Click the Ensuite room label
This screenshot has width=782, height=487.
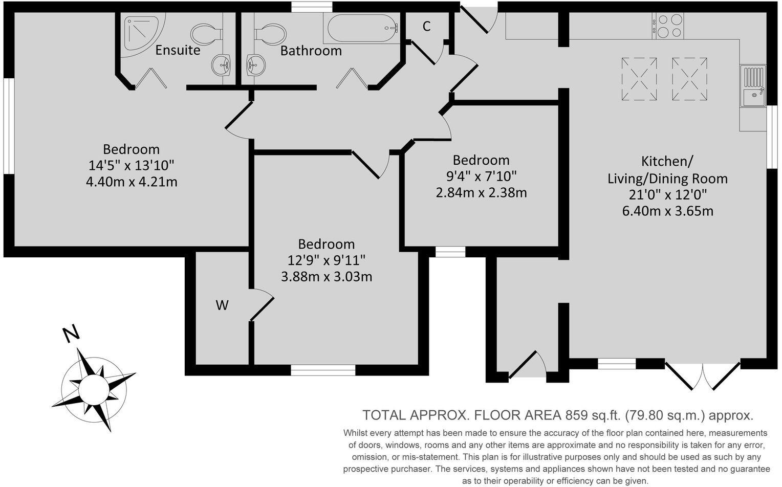[x=178, y=50]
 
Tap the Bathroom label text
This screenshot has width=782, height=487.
[x=311, y=51]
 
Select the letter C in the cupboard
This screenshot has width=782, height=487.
[x=426, y=27]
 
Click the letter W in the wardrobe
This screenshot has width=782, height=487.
[x=222, y=305]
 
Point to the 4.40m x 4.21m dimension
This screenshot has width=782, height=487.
[x=132, y=182]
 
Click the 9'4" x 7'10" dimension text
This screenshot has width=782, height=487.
[x=481, y=176]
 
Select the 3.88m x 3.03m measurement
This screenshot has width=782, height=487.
[x=326, y=277]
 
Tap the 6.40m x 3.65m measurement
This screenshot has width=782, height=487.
[x=667, y=211]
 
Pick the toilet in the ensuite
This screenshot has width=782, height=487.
[x=206, y=34]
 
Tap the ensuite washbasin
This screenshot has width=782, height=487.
[x=222, y=65]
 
